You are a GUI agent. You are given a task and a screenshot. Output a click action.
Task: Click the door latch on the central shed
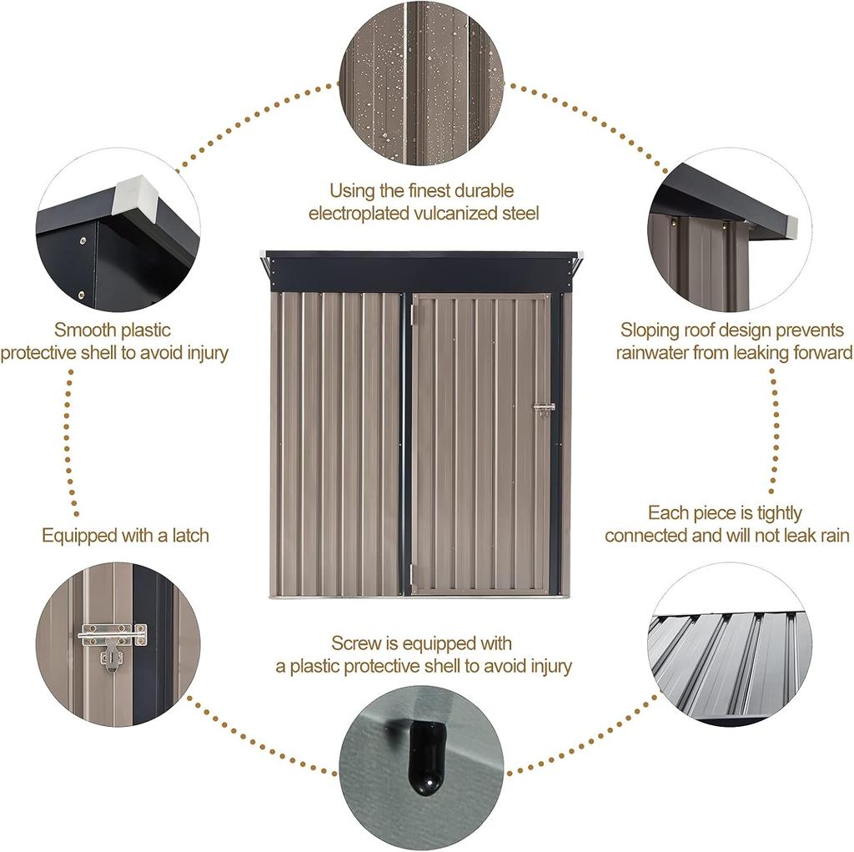[544, 409]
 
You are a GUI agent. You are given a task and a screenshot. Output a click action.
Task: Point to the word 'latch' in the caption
[188, 535]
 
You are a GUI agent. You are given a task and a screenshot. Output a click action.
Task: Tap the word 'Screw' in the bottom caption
[354, 643]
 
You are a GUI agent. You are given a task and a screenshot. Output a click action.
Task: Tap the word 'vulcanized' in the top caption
[450, 214]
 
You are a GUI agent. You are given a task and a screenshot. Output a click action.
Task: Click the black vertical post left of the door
[407, 442]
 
